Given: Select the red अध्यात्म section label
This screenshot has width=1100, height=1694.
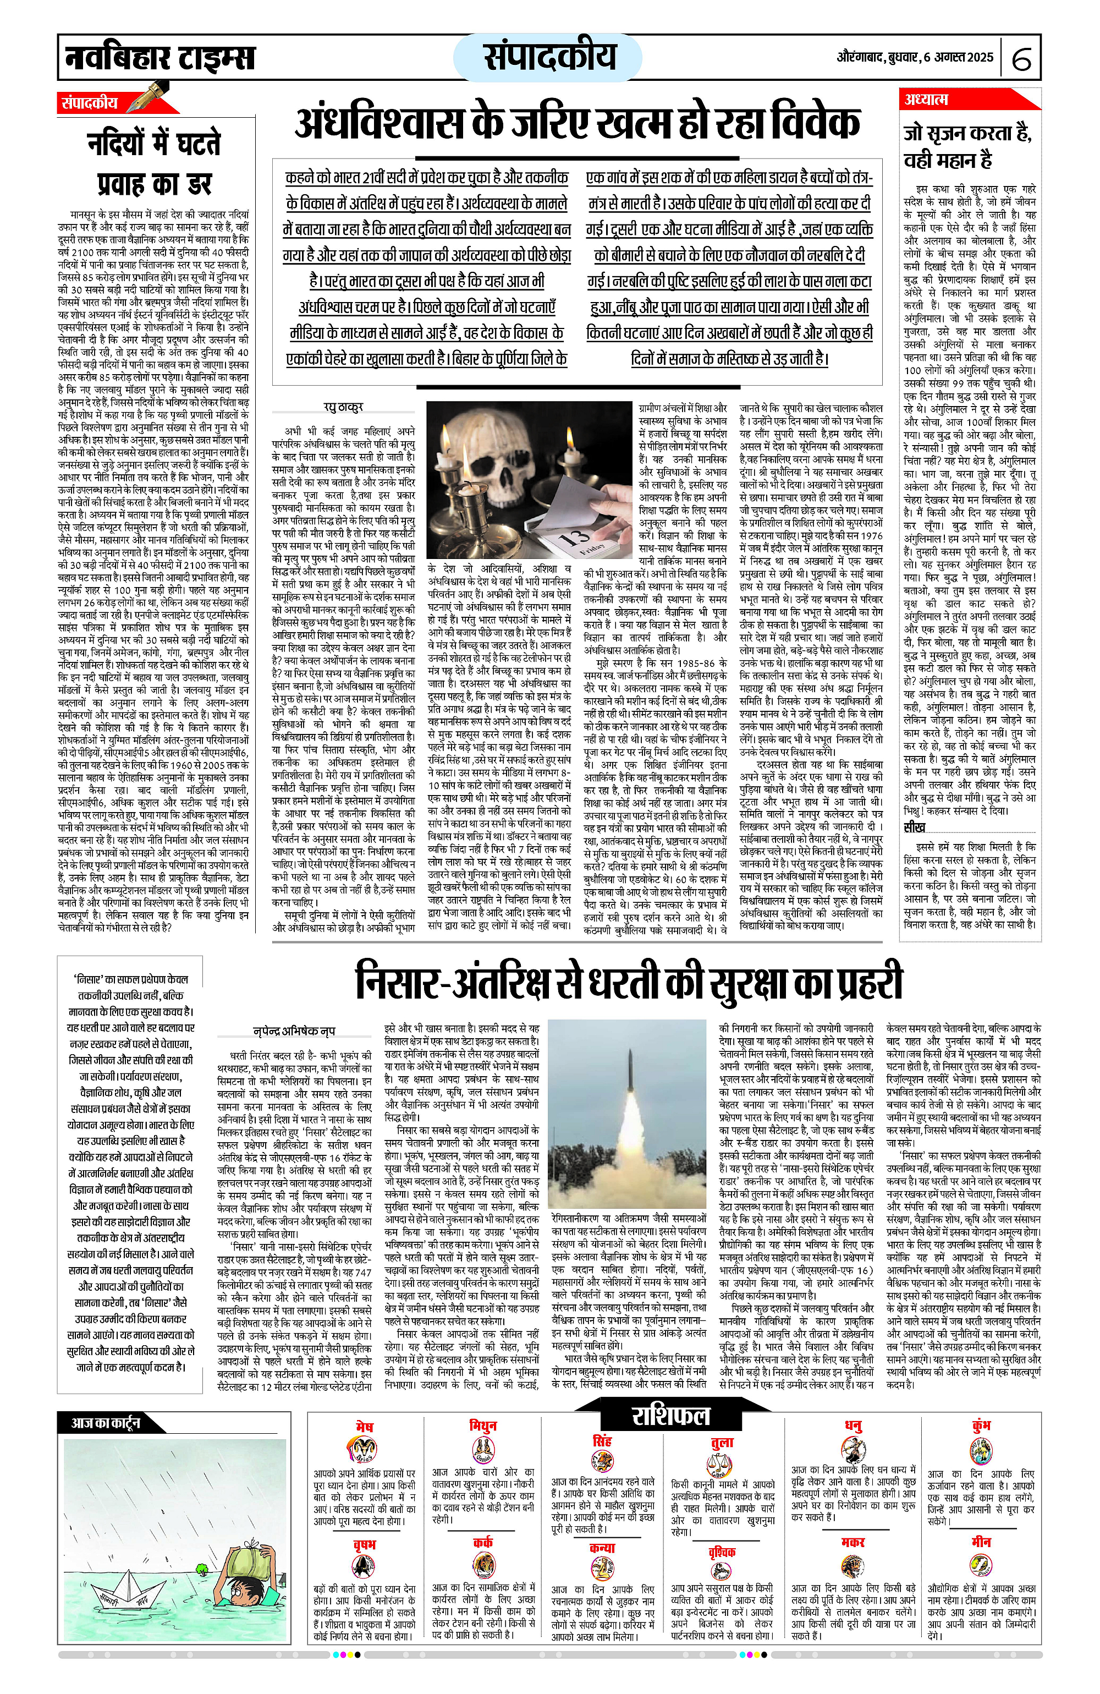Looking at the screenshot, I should (x=926, y=99).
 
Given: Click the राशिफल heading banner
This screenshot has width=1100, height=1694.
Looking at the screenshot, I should (x=670, y=1416).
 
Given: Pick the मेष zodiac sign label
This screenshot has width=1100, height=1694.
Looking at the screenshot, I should (x=364, y=1427).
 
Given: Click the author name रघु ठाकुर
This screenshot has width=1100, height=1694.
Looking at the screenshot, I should (x=343, y=407).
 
